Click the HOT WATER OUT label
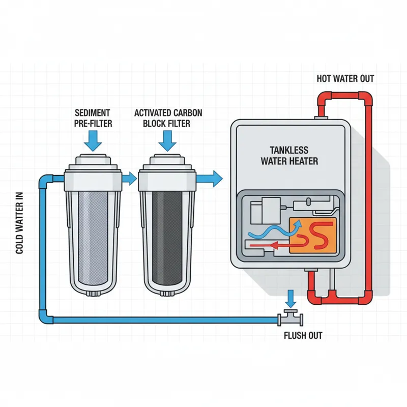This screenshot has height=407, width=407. pos(345,79)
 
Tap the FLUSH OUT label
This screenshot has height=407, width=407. pos(303,336)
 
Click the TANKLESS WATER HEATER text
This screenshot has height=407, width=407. pos(289,156)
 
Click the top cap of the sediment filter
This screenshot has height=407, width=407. pos(93,162)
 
